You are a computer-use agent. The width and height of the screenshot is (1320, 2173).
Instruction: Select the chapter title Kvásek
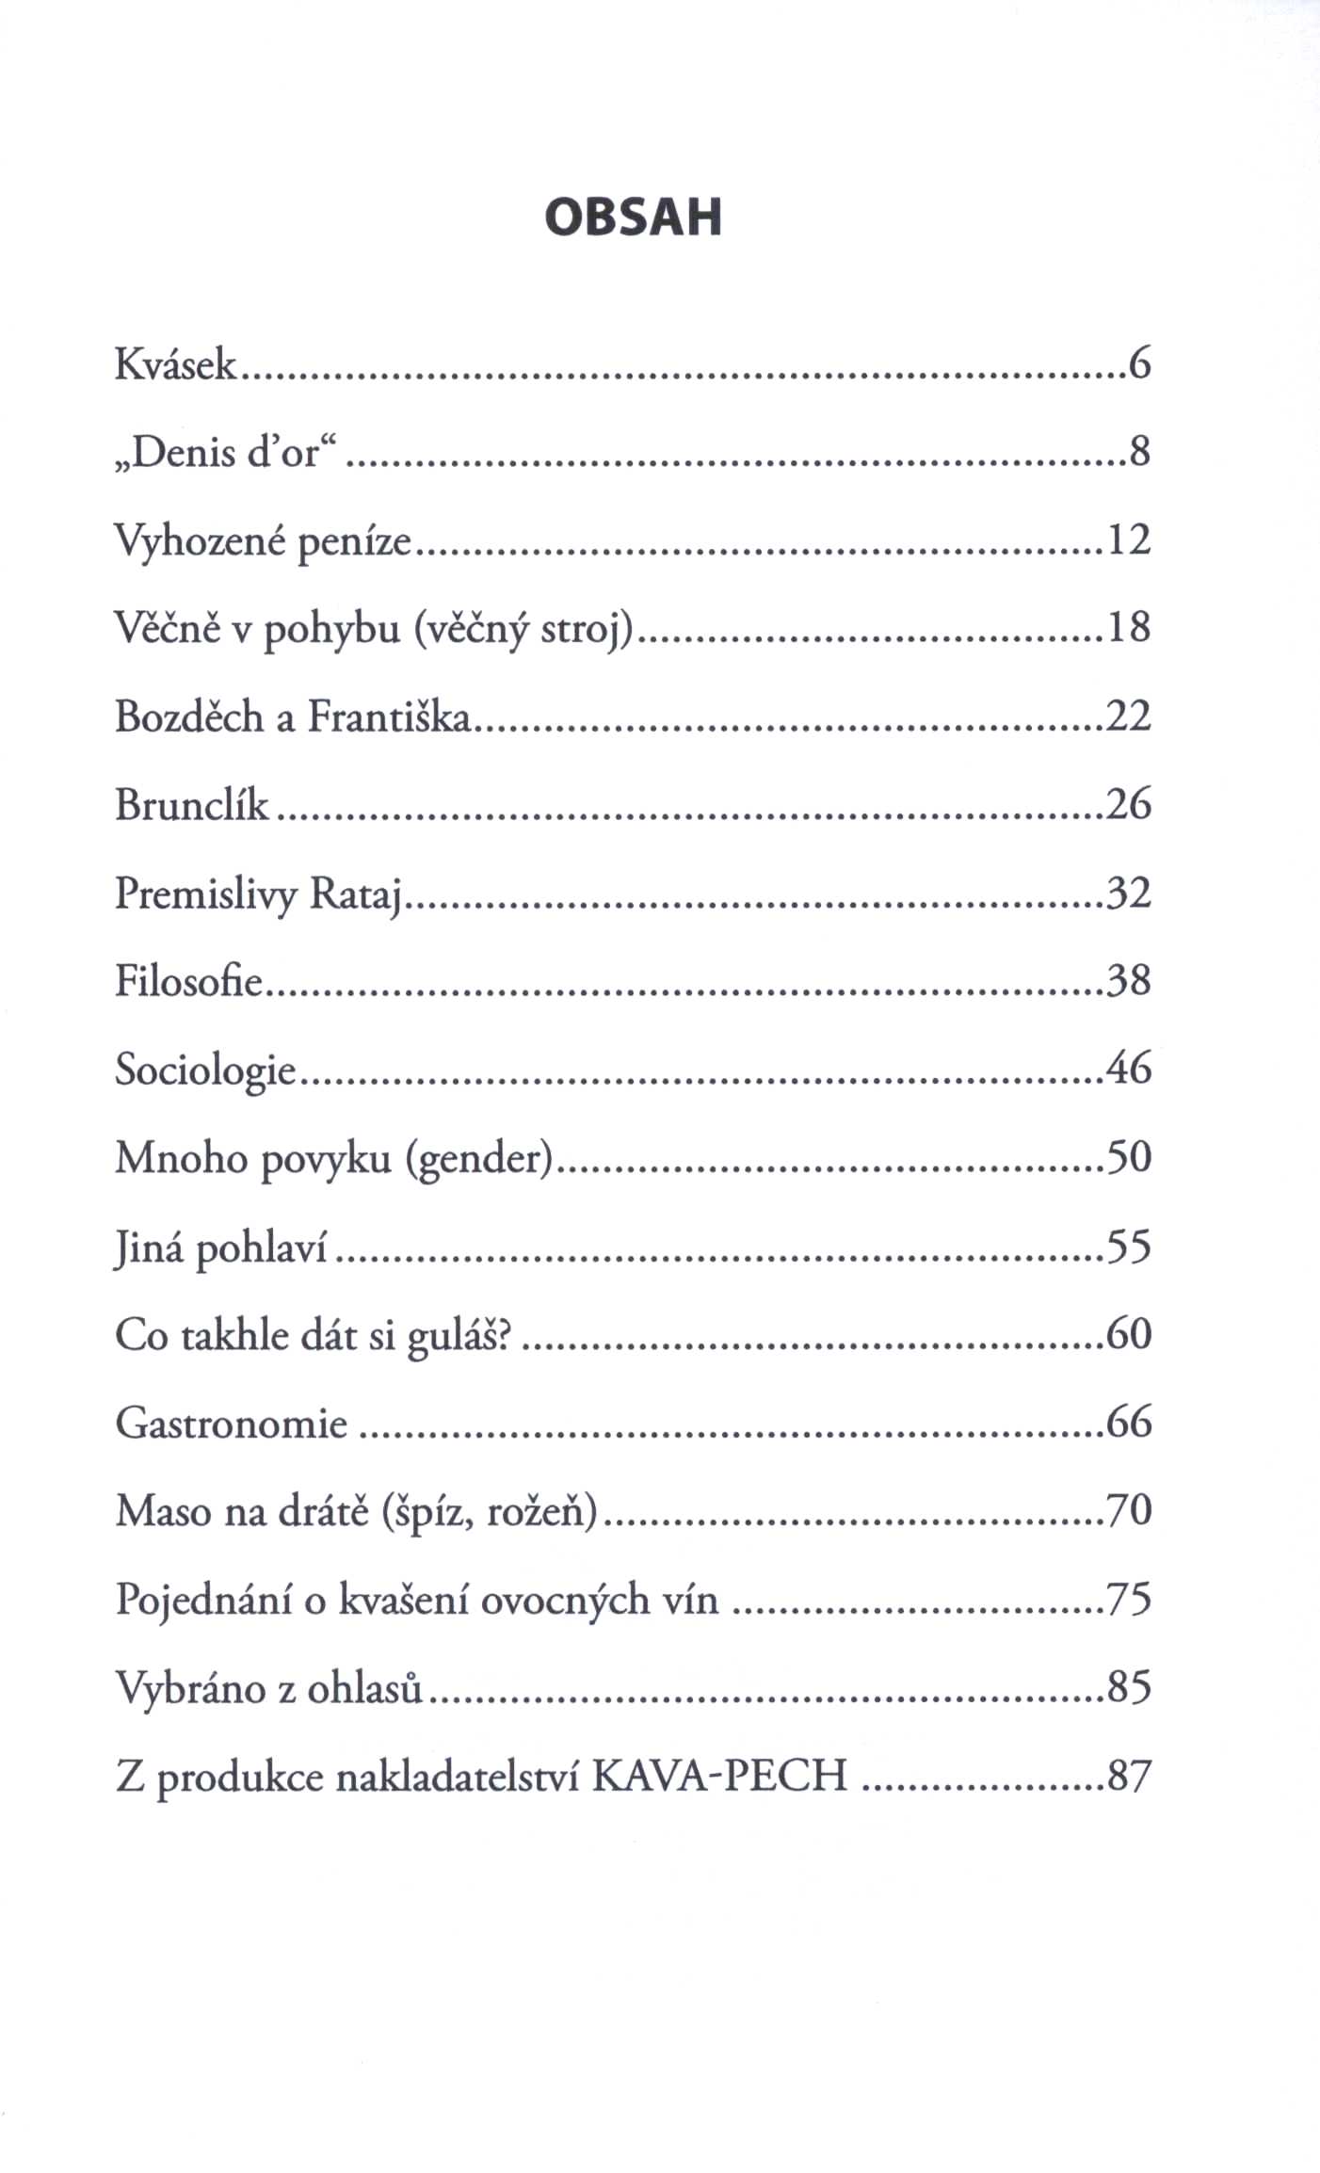pyautogui.click(x=176, y=364)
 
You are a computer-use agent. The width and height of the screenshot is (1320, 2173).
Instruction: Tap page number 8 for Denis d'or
pyautogui.click(x=1139, y=454)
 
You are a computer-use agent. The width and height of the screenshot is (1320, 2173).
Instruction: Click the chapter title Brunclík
pyautogui.click(x=192, y=806)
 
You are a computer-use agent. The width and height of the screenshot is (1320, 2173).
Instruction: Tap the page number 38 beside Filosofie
pyautogui.click(x=1129, y=981)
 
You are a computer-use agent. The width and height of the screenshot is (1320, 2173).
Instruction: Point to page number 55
pyautogui.click(x=1129, y=1247)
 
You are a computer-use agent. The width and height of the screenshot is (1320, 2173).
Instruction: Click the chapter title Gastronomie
pyautogui.click(x=232, y=1424)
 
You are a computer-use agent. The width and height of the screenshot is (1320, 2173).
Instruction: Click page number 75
pyautogui.click(x=1129, y=1601)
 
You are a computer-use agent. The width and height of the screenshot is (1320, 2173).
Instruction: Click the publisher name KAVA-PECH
pyautogui.click(x=722, y=1778)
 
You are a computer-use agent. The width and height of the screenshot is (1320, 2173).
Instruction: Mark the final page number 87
pyautogui.click(x=1129, y=1777)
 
